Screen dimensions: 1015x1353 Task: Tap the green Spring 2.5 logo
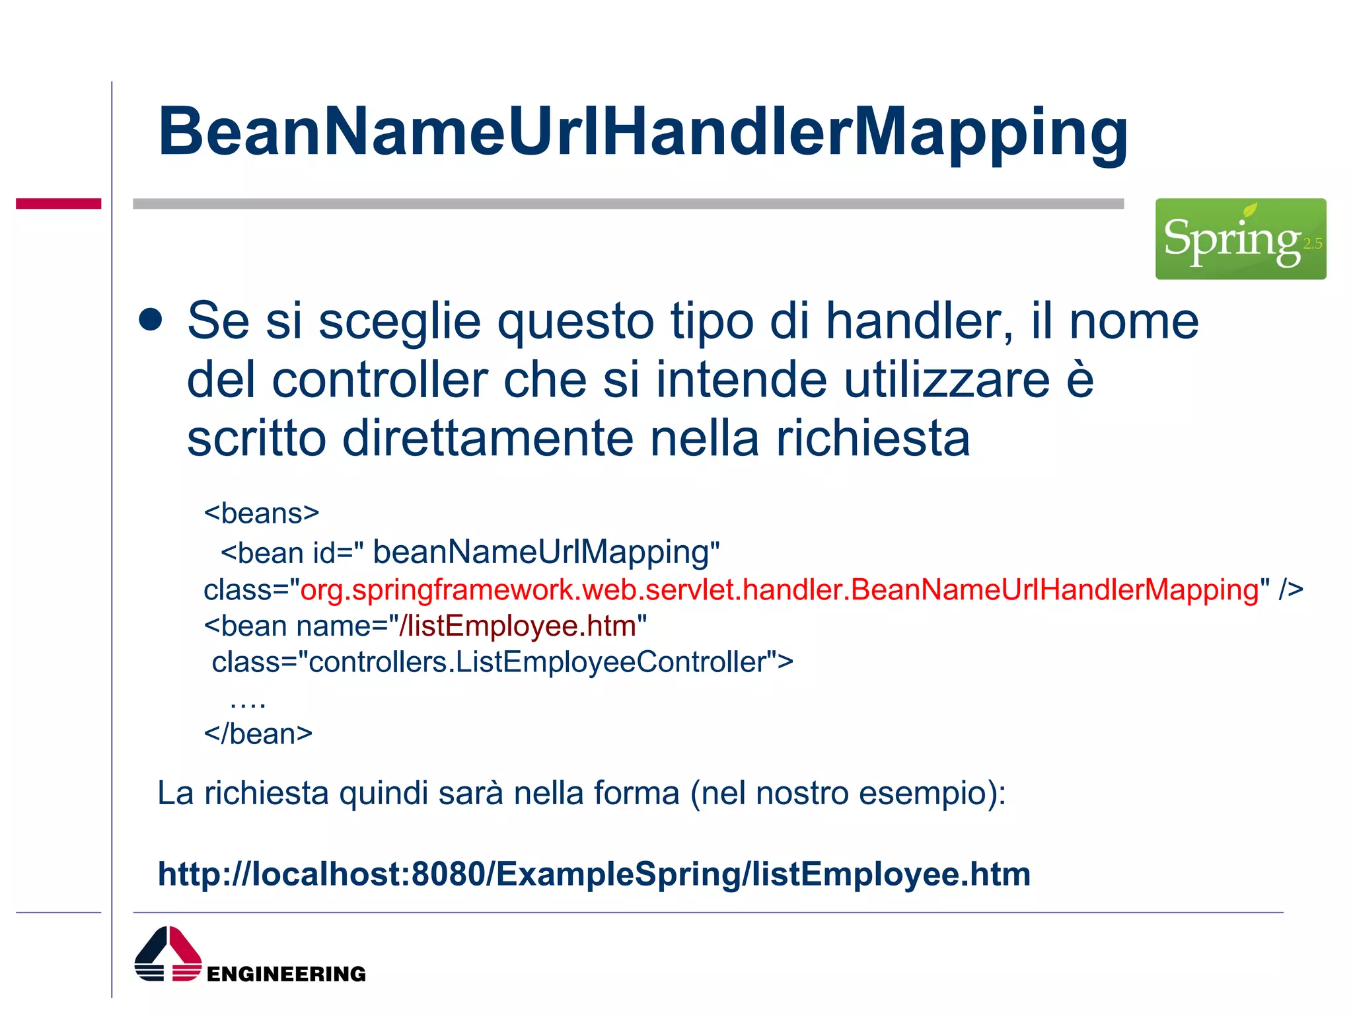pos(1240,239)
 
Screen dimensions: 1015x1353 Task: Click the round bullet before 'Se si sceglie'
pos(151,320)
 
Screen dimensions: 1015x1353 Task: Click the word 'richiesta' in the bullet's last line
pos(873,439)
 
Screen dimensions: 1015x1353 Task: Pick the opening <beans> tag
pos(262,513)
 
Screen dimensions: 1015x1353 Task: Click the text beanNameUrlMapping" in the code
pos(546,552)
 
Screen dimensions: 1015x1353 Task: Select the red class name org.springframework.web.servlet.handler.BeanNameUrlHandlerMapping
pos(780,589)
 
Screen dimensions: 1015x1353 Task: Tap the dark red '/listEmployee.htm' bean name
pos(517,626)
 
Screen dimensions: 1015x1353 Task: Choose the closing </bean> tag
pos(258,734)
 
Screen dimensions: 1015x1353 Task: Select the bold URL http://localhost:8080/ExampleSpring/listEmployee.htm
pos(594,874)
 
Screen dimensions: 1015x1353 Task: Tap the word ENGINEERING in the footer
pos(286,974)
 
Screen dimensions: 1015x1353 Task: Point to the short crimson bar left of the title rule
pos(58,204)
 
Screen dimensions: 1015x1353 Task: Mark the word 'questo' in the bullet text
pos(575,321)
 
